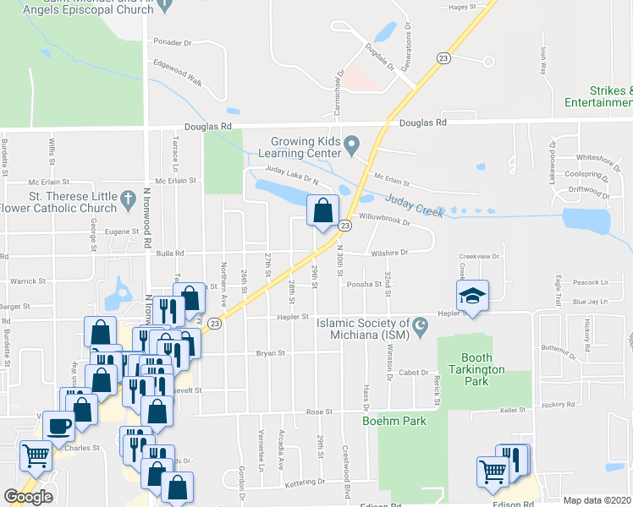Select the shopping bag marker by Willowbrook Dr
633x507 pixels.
(323, 210)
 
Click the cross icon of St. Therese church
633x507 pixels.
(128, 201)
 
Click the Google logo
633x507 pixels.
(28, 497)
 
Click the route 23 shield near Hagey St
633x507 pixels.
(443, 57)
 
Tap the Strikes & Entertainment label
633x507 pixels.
(598, 96)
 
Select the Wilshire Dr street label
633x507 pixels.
(388, 252)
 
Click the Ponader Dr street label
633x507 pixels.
(173, 42)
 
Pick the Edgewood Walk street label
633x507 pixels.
(178, 73)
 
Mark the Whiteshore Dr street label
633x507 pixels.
(593, 157)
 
